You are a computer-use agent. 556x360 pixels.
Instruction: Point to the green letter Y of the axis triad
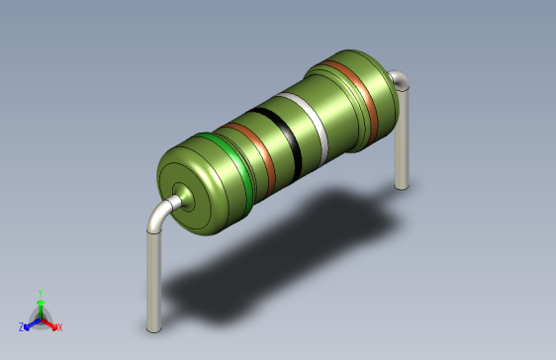point(40,292)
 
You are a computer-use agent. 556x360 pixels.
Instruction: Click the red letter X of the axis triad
point(59,326)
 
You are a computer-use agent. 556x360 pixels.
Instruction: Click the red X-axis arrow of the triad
point(50,322)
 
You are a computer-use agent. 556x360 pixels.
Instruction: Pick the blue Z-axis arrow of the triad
point(31,322)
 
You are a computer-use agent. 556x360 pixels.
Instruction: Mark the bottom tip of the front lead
point(152,327)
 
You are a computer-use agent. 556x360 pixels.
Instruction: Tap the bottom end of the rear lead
point(401,184)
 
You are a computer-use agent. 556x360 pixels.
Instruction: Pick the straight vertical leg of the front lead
point(152,277)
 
